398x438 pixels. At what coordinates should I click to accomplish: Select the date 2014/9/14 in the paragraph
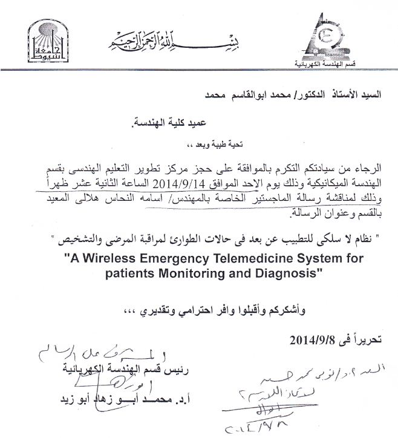point(180,182)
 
